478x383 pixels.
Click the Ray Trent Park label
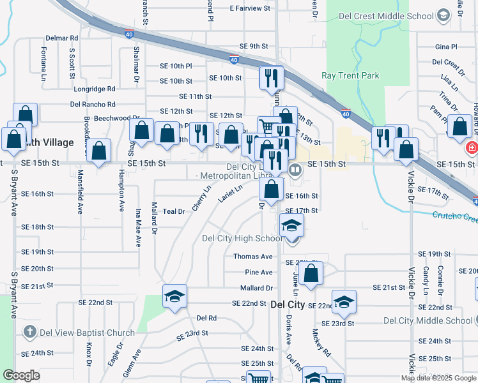click(350, 75)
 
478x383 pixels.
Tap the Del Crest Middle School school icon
click(443, 16)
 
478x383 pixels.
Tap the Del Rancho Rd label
click(93, 104)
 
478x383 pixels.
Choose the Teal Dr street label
click(173, 211)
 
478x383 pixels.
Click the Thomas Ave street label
click(253, 257)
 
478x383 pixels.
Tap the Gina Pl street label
click(446, 47)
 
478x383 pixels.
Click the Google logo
click(21, 375)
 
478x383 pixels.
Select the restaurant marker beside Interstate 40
click(272, 79)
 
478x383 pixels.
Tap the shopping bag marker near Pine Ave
click(311, 274)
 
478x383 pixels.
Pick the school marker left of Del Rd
click(174, 297)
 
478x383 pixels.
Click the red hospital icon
click(472, 148)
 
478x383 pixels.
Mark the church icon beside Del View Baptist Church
click(29, 332)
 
